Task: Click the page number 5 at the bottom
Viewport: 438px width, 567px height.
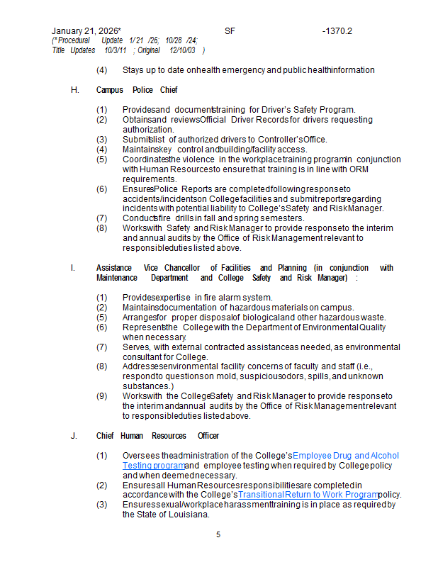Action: (218, 534)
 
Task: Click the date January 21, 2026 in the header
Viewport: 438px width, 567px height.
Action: (85, 31)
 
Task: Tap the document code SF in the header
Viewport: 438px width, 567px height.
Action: (230, 31)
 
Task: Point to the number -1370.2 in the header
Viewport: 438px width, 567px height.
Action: (337, 31)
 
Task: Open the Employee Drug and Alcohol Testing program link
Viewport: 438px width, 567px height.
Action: (345, 455)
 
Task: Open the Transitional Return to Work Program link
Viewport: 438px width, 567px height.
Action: (308, 495)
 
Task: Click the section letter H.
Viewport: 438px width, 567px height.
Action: (74, 90)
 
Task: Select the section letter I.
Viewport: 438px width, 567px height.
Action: (73, 268)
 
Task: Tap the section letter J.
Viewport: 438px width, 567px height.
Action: (74, 436)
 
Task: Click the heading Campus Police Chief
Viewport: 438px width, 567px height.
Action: (137, 90)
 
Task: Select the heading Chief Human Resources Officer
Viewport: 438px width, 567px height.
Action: (157, 436)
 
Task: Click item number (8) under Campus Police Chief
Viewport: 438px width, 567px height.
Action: (102, 228)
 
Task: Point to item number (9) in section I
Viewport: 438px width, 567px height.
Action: (102, 395)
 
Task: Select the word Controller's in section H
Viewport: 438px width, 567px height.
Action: (280, 140)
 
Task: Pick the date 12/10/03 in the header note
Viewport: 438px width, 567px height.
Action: (184, 50)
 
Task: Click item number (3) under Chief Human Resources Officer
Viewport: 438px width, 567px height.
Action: (102, 505)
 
